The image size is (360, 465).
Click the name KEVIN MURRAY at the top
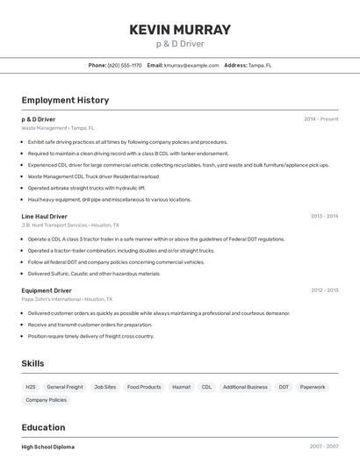[x=180, y=30]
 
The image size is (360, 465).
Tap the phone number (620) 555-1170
[x=124, y=65]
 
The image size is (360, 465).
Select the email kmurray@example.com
[x=191, y=65]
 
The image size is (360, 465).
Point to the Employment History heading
[x=65, y=100]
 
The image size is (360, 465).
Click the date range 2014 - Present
[x=320, y=118]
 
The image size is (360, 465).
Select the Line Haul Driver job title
[x=44, y=216]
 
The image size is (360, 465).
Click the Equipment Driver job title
[x=47, y=290]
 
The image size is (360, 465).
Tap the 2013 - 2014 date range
[x=324, y=216]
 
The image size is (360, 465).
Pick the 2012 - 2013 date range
[x=324, y=290]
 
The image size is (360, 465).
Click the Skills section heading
[x=32, y=363]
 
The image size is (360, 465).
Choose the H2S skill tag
[x=31, y=387]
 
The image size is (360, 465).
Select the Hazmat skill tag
[x=181, y=387]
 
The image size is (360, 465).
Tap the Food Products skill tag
[x=144, y=387]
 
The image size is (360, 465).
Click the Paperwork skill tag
[x=313, y=387]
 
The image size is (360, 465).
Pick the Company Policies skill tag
[x=46, y=400]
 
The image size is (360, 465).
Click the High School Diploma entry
[x=47, y=447]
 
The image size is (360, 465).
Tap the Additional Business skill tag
[x=245, y=387]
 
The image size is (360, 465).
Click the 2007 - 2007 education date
[x=324, y=447]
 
